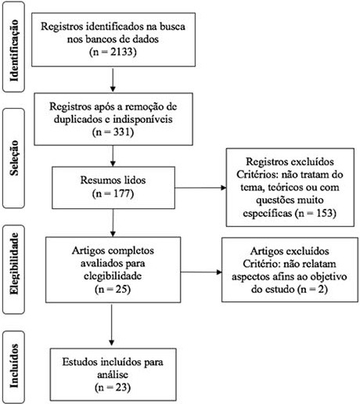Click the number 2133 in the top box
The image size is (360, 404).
coord(121,52)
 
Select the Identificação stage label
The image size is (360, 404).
coord(14,50)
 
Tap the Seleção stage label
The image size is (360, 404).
coord(14,157)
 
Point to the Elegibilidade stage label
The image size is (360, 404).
coord(14,263)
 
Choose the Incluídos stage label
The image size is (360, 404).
coord(14,366)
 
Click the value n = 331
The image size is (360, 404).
coord(113,132)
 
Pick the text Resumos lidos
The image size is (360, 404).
coord(113,180)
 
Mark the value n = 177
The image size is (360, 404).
coord(113,193)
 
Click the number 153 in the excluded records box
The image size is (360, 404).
coord(325,213)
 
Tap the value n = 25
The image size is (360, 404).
coord(113,289)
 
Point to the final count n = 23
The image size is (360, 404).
coord(113,387)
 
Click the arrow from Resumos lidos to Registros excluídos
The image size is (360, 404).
coord(200,188)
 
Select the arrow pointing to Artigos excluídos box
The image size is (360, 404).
coord(201,272)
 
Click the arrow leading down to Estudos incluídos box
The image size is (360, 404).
coord(112,324)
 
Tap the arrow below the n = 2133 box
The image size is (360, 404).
coord(113,79)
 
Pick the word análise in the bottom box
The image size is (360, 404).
coord(113,374)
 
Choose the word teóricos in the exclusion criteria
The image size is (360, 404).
coord(286,187)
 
